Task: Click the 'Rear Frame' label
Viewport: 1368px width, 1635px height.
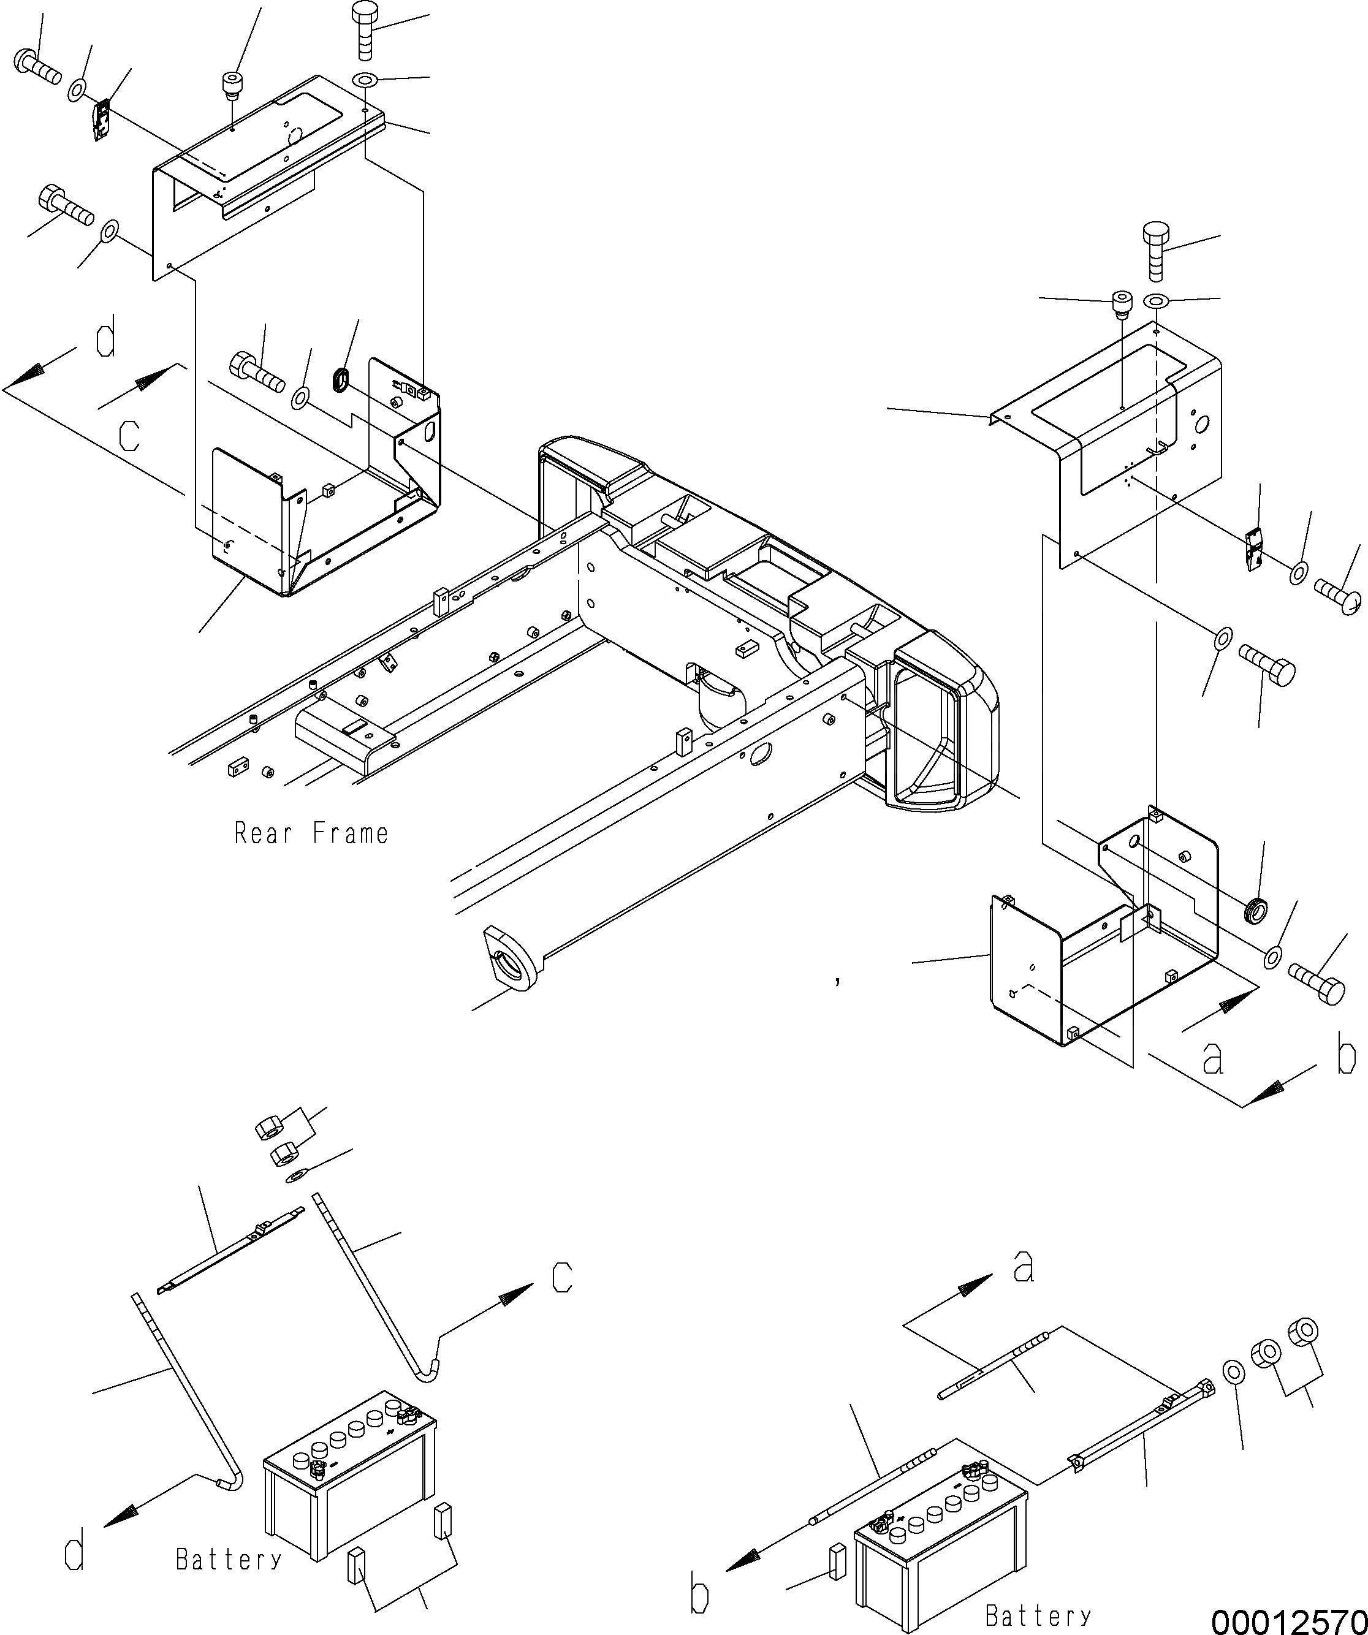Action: [x=311, y=834]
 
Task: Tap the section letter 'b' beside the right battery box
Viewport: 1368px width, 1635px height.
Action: [x=1346, y=1053]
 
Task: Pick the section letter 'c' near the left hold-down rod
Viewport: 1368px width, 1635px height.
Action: [x=562, y=1277]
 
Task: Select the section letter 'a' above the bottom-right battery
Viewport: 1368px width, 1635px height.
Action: [x=1024, y=1267]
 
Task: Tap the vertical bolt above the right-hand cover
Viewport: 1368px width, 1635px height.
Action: [x=1156, y=251]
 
